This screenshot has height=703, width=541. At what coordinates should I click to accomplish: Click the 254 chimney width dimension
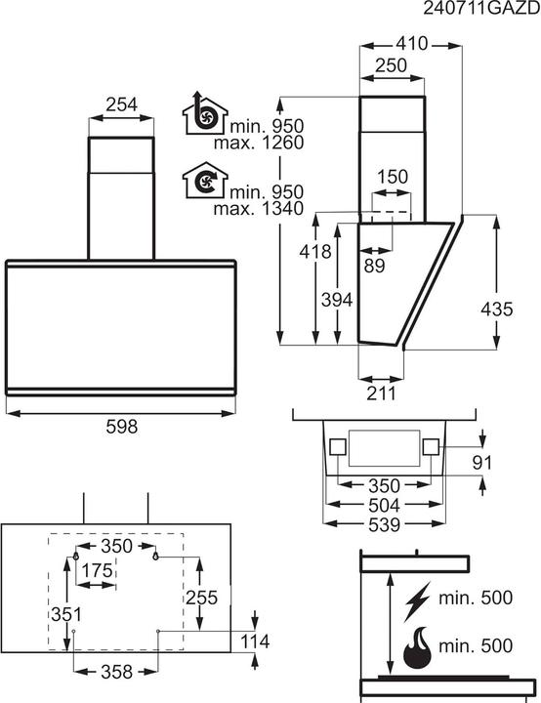point(121,103)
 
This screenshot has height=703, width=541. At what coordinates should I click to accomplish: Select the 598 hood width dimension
point(121,426)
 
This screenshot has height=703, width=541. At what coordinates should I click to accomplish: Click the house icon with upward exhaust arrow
point(203,117)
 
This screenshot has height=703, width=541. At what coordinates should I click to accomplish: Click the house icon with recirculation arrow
point(203,182)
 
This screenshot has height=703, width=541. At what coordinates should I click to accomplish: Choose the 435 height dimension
point(497,309)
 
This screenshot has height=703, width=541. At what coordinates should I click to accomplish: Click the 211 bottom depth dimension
point(382,393)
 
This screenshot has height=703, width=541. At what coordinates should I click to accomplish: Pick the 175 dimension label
point(96,569)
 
